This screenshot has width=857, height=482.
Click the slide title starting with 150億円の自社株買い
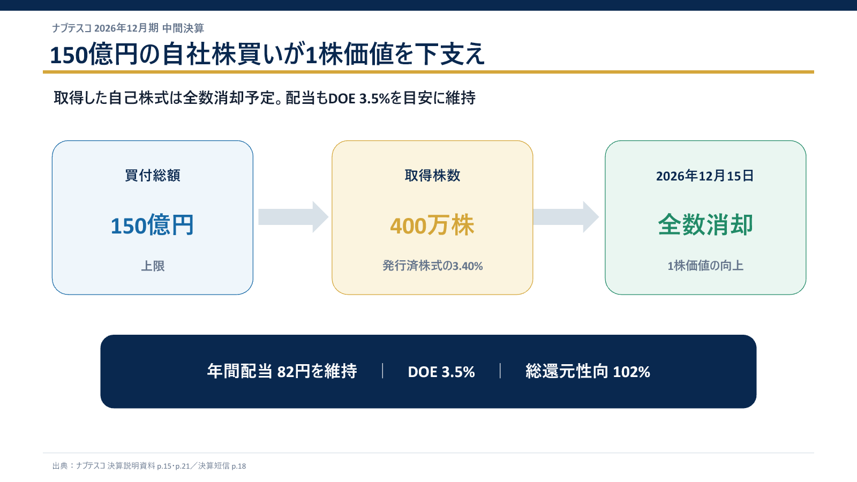coord(267,54)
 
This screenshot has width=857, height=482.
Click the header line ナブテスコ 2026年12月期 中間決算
coord(128,28)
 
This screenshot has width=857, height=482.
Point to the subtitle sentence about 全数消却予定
coord(265,98)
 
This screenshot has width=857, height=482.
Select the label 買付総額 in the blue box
coord(153,176)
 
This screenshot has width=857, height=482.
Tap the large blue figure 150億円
coord(152,225)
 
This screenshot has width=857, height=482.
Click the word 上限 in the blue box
coord(153,266)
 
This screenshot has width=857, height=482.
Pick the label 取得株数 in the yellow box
coord(432,176)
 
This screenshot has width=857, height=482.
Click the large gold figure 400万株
coord(432,225)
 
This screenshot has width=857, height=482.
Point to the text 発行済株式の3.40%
coord(432,266)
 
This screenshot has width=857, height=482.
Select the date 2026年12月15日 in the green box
coord(705,176)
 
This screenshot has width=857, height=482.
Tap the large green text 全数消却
coord(705,224)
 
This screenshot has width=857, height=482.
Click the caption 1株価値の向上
coord(705,266)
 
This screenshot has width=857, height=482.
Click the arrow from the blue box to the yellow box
coord(293,217)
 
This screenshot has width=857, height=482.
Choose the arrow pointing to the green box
coord(566,217)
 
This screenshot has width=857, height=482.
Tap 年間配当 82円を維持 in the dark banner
coord(282,372)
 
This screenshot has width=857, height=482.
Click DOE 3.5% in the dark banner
coord(441,372)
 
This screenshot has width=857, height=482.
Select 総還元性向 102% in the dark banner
coord(588,372)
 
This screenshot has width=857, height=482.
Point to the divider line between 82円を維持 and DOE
coord(382,371)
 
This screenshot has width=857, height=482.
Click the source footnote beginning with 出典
coord(149,466)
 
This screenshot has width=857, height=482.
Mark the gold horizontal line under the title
coord(428,72)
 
